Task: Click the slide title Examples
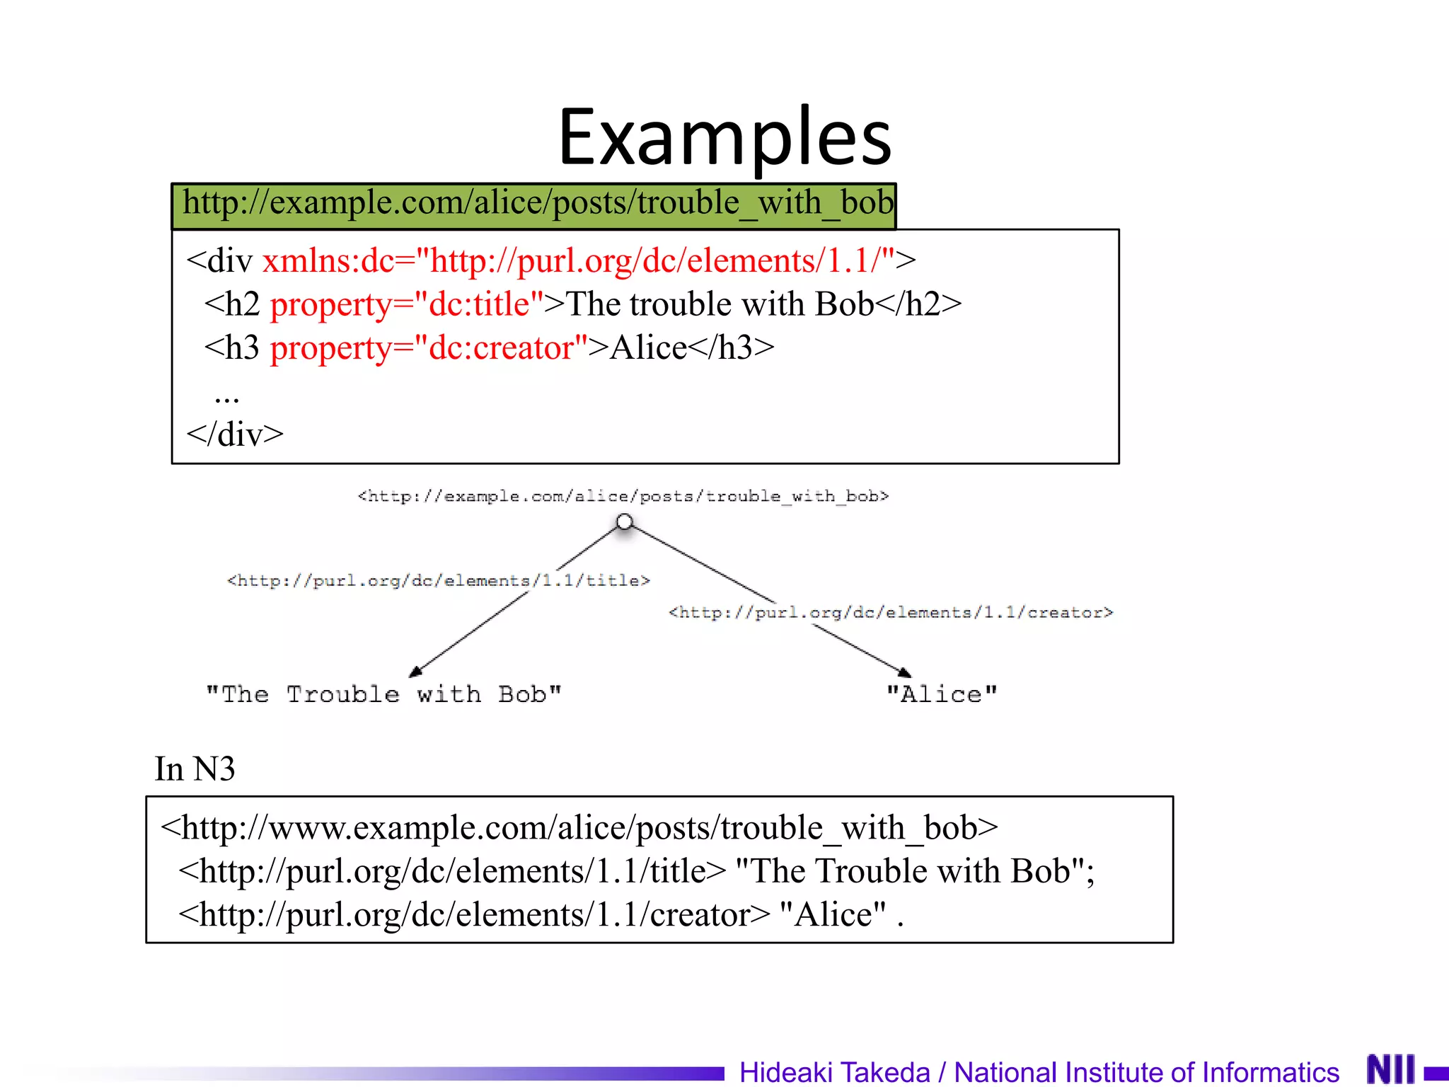pyautogui.click(x=724, y=138)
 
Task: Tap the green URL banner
pyautogui.click(x=534, y=205)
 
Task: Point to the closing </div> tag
pyautogui.click(x=235, y=434)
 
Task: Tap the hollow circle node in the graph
pyautogui.click(x=624, y=522)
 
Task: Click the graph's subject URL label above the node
pyautogui.click(x=623, y=496)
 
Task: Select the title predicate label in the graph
pyautogui.click(x=438, y=581)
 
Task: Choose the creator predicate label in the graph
pyautogui.click(x=891, y=612)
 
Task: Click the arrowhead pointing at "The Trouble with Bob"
pyautogui.click(x=416, y=671)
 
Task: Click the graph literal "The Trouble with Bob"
pyautogui.click(x=383, y=694)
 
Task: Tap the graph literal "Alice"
pyautogui.click(x=942, y=694)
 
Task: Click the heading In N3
pyautogui.click(x=195, y=769)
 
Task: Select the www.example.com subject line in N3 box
pyautogui.click(x=579, y=827)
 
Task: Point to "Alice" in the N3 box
pyautogui.click(x=832, y=915)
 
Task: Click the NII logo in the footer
pyautogui.click(x=1390, y=1069)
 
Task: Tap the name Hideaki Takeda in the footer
pyautogui.click(x=834, y=1072)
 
